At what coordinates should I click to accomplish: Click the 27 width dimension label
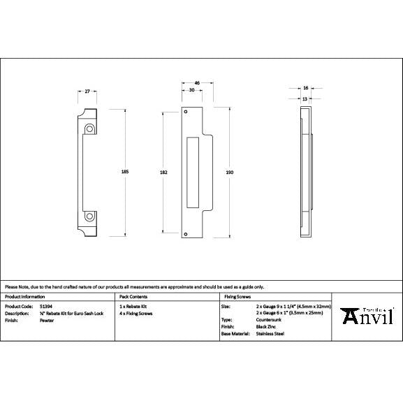pos(87,91)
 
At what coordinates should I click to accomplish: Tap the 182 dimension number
pos(163,172)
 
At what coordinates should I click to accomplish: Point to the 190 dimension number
pos(229,172)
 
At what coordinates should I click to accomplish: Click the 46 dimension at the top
pos(197,83)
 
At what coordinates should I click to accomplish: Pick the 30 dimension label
pos(191,91)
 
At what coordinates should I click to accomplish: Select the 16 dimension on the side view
pos(306,88)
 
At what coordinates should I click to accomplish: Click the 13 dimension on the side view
pos(305,98)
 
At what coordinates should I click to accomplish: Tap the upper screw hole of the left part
pos(89,129)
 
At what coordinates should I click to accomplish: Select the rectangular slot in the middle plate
pos(193,172)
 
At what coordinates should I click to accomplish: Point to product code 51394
pos(44,307)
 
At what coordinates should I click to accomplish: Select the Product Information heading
pos(23,297)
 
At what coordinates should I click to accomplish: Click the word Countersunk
pos(269,321)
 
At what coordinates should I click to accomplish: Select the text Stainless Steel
pos(270,334)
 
